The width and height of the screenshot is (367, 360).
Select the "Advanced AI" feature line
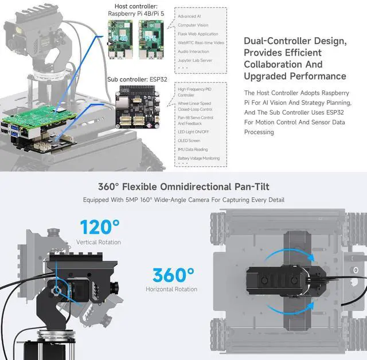tap(189, 17)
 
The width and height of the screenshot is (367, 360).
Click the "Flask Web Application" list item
tap(198, 34)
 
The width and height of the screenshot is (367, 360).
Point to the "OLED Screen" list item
tap(189, 140)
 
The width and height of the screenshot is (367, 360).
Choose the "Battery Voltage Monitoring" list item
tap(198, 158)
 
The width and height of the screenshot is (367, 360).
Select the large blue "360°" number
tap(171, 274)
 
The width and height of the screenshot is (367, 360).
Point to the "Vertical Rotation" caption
tap(99, 242)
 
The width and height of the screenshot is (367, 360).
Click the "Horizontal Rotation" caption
tap(171, 289)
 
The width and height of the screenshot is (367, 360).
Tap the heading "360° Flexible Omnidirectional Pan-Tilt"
tap(183, 187)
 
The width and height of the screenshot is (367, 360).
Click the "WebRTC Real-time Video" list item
tap(201, 42)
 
